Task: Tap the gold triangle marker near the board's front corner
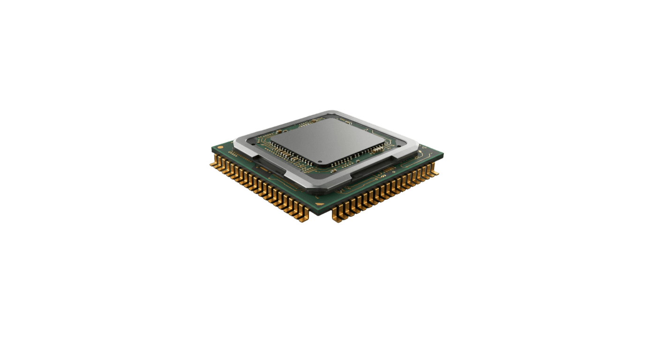click(320, 205)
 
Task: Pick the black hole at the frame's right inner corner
click(399, 146)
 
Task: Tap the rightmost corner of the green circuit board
click(443, 155)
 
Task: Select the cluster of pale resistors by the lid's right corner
click(376, 149)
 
